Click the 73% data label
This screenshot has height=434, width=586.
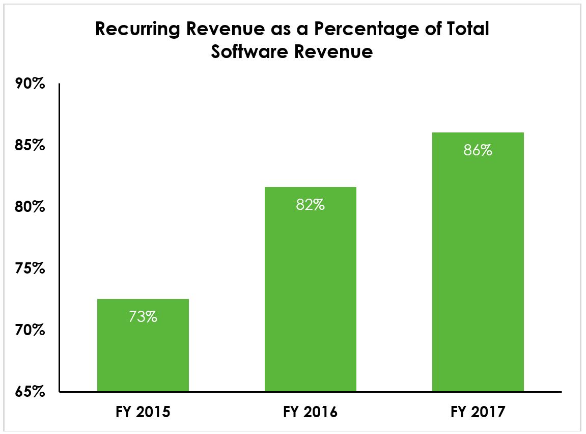click(x=143, y=316)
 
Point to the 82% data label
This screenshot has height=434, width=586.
click(x=311, y=205)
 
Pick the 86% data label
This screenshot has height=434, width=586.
click(x=478, y=150)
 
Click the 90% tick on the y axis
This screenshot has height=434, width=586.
click(x=30, y=84)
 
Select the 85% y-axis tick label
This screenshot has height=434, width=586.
click(x=30, y=146)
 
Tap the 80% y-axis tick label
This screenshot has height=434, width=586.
click(x=30, y=207)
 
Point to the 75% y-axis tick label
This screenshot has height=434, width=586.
click(x=30, y=268)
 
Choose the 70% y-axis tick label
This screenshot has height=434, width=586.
click(x=30, y=331)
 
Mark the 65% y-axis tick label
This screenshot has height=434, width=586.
click(x=30, y=392)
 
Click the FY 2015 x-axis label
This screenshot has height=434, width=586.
click(x=143, y=412)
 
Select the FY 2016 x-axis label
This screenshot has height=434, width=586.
click(x=311, y=412)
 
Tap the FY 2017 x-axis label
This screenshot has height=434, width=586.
click(x=478, y=412)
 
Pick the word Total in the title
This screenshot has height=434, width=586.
click(x=463, y=29)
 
